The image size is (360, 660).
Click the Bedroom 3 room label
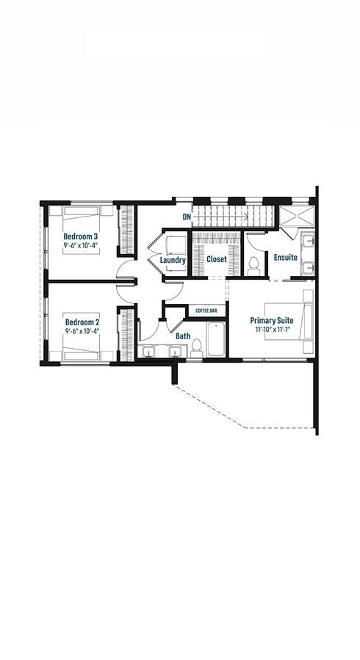(x=81, y=236)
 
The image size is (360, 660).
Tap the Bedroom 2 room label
(x=82, y=322)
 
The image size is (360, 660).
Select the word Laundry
(x=173, y=261)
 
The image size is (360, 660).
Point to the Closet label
(x=217, y=259)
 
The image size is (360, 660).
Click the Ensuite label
(x=286, y=257)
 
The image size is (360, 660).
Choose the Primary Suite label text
(x=272, y=321)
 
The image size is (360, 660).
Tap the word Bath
(x=183, y=336)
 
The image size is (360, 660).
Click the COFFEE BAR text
(x=206, y=311)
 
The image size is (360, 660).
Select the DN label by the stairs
(x=187, y=217)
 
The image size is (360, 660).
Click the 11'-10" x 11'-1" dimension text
(x=272, y=330)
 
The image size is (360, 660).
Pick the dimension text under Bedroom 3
(x=82, y=245)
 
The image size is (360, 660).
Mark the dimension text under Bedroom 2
(x=82, y=331)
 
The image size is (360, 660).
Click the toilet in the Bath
(x=196, y=348)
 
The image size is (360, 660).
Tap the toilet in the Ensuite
(x=253, y=266)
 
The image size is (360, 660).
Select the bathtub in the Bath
(x=216, y=339)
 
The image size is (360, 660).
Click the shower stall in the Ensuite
(x=298, y=217)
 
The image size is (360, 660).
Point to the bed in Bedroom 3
(x=82, y=230)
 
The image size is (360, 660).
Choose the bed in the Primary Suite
(x=289, y=321)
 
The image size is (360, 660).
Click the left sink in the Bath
(x=148, y=351)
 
